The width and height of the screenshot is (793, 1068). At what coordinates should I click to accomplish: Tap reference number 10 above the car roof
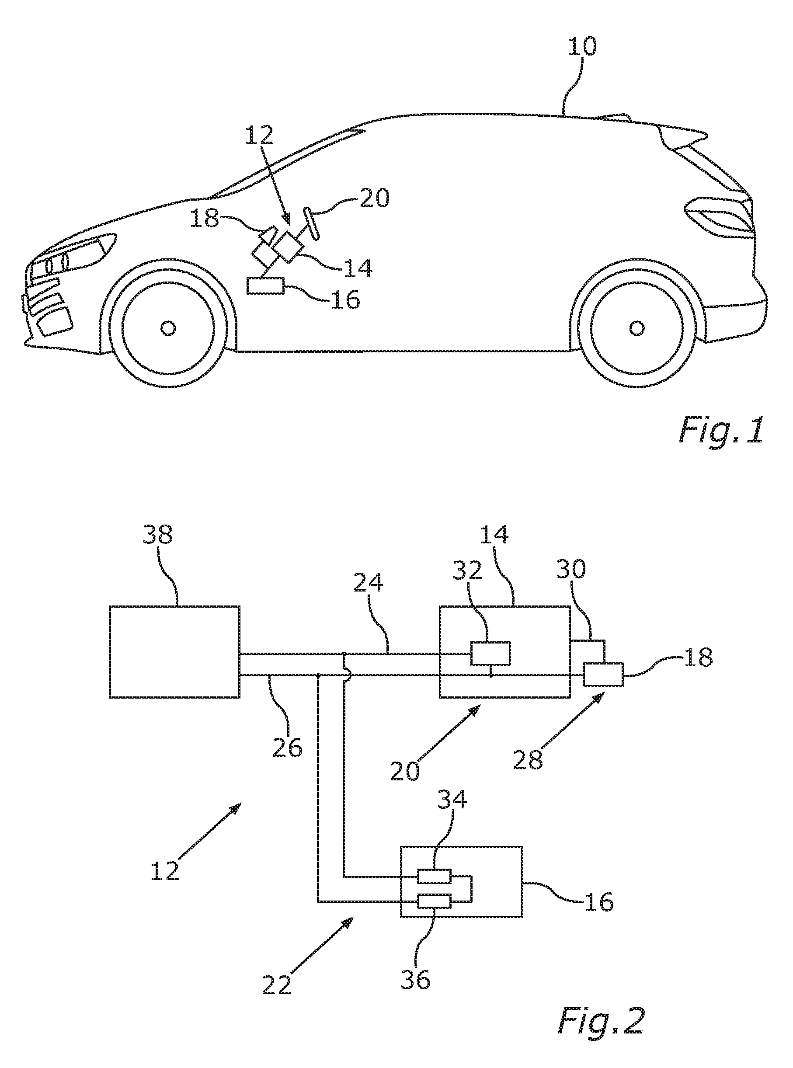coord(582,47)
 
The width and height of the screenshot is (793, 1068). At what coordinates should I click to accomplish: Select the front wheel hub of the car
coord(168,328)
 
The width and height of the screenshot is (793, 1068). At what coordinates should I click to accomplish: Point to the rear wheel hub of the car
coord(636,328)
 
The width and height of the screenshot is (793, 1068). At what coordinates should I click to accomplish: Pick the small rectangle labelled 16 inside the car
coord(265,286)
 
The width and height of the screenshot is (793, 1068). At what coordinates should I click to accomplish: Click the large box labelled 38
coord(175,652)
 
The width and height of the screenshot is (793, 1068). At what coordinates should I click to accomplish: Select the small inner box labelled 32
coord(490,653)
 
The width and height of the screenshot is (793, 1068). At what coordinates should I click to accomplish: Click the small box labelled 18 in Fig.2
coord(603,675)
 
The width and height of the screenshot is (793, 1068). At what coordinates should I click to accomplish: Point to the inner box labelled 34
coord(435,877)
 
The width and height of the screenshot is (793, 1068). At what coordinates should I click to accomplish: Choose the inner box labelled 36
coord(435,901)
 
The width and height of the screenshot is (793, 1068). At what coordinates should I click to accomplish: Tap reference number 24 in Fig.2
coord(368,582)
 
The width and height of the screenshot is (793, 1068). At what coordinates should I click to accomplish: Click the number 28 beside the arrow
coord(528,760)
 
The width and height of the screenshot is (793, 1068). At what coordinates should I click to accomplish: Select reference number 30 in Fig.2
coord(571,569)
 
